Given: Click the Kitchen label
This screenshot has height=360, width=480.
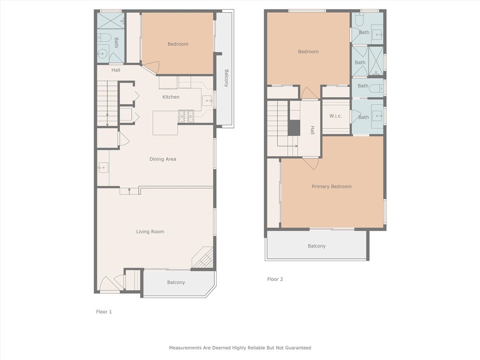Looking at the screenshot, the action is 171,97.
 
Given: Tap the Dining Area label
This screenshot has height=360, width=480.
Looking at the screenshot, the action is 163,159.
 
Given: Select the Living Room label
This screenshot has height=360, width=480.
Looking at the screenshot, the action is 150,232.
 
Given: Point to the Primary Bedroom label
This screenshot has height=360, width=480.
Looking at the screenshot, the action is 331,187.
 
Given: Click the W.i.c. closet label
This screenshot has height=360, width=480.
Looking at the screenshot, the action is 336,116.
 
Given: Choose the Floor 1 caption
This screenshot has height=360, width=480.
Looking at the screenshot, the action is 104,312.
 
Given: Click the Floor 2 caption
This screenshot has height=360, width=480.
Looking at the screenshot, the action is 275,279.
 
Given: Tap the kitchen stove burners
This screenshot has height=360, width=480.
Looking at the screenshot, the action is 186,116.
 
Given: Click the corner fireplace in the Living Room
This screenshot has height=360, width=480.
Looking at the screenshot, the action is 202,258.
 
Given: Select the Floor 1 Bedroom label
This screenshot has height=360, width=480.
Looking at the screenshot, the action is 178,44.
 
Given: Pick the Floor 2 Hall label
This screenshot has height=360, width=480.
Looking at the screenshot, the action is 312,130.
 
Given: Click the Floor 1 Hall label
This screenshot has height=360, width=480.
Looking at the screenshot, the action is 116,70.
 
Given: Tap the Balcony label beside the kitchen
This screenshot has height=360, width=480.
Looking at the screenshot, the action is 226,78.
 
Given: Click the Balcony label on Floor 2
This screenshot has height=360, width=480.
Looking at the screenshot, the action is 316,246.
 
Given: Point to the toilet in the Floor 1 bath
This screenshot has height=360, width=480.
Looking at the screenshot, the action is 104,37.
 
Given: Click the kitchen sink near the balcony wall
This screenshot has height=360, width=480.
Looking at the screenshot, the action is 207,101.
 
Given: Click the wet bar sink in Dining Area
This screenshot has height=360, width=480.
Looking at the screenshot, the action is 103,168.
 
